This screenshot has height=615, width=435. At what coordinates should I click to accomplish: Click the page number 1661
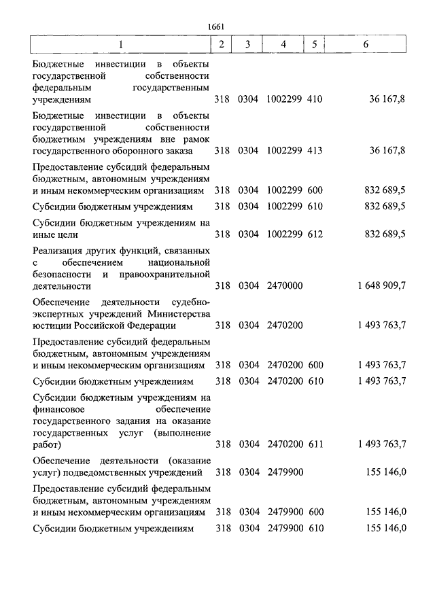217,27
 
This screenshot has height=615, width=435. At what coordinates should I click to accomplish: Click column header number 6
366,44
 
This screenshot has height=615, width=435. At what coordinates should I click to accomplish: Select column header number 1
121,44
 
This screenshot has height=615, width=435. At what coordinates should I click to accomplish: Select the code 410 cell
315,99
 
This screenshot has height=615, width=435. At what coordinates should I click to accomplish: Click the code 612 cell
315,234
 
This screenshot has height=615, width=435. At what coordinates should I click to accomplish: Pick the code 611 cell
315,445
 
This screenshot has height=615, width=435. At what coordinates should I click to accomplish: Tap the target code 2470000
285,286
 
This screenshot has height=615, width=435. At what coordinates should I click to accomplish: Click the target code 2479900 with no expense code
285,471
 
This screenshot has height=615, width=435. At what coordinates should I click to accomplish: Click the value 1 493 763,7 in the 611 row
381,445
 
